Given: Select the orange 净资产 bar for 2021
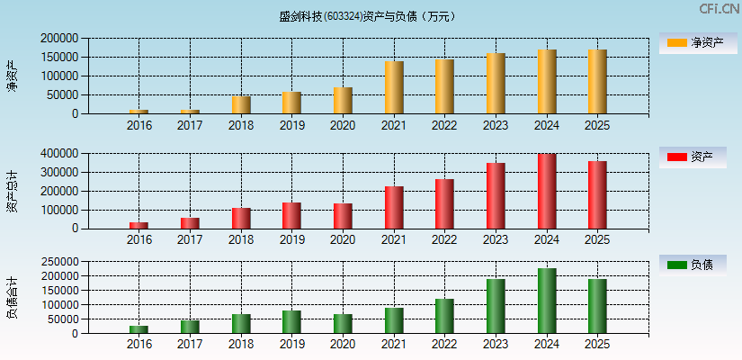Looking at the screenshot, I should tap(393, 87).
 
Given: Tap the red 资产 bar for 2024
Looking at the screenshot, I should tap(546, 191).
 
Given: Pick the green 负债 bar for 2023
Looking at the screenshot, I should tap(496, 306).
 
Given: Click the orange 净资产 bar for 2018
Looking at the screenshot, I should tap(241, 104).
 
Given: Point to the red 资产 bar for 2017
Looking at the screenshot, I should tap(190, 222).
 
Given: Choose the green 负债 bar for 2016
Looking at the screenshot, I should tap(139, 329).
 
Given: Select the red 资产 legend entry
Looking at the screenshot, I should tap(692, 157).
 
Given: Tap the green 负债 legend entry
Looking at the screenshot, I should tap(692, 265).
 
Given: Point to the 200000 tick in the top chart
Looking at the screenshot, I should tap(59, 39).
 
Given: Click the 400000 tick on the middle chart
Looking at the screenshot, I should tap(59, 154).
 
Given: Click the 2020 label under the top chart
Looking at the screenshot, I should tap(343, 125).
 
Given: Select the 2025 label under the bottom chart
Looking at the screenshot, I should tap(597, 345).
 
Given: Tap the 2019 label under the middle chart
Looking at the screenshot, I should tap(291, 239).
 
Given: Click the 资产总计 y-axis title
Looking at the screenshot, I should tap(12, 191).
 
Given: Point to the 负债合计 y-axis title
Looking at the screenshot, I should tap(12, 298).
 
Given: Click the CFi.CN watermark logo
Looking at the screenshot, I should tap(720, 9).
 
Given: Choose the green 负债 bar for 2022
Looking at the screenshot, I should tap(444, 316).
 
